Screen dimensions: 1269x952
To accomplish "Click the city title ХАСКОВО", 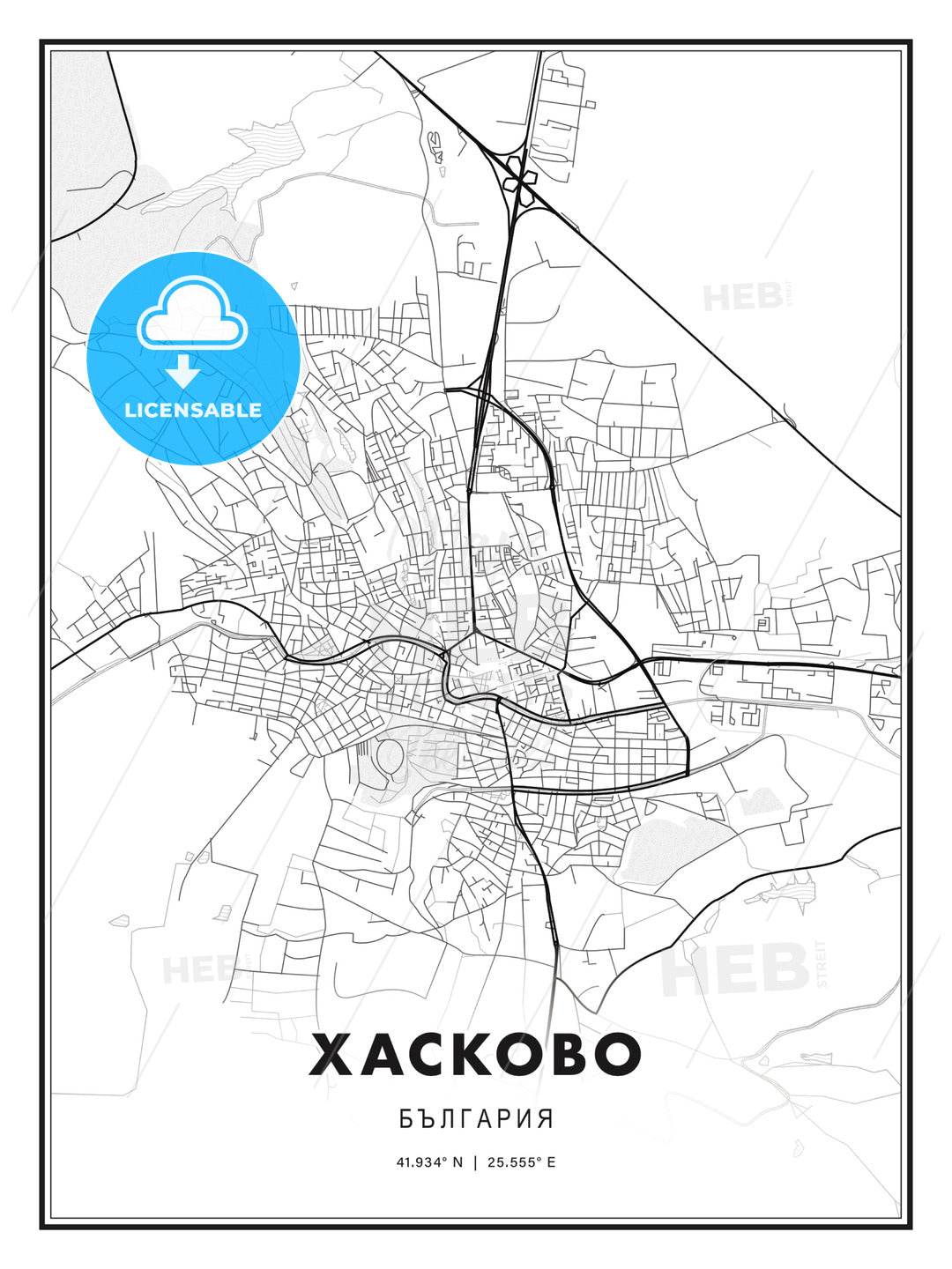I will coord(475,1054).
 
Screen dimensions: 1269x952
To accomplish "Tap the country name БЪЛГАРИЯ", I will coord(476,1119).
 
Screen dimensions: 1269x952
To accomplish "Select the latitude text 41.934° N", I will coord(429,1161).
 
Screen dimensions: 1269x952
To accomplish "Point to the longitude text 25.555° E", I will coord(521,1161).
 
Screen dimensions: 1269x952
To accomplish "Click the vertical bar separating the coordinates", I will coord(475,1161).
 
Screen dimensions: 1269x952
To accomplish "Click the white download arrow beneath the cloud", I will coord(183,371).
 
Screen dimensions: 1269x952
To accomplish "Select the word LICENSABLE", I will coord(193,410).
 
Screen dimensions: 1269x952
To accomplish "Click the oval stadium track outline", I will coord(389,755).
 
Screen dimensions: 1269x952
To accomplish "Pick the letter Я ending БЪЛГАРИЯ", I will coord(546,1119).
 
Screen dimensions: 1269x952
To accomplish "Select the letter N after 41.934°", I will coord(457,1161).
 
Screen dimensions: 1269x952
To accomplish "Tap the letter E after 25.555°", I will coord(551,1161).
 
